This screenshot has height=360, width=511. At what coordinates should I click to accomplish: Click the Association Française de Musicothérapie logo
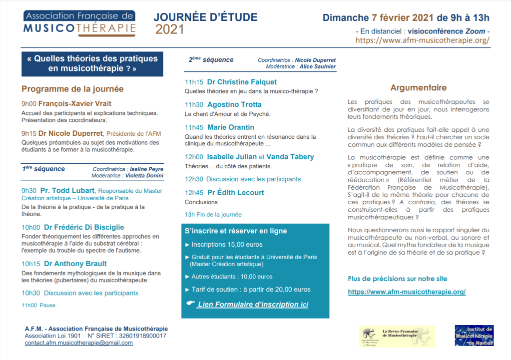coord(79,23)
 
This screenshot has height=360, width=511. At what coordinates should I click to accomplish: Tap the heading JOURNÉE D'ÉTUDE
coord(205,17)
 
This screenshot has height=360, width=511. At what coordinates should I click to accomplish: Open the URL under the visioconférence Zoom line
coord(423,40)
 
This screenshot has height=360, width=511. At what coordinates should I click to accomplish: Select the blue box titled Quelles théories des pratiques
coord(92,63)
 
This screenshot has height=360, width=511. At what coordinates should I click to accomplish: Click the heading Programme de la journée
coord(72,89)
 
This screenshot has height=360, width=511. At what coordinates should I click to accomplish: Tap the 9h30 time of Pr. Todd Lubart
coord(29,190)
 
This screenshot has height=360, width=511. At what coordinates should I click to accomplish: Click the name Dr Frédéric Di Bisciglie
coord(84,227)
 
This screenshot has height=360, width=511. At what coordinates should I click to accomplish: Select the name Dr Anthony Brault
coord(75,264)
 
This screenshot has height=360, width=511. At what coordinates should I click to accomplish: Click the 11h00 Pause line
coord(38,305)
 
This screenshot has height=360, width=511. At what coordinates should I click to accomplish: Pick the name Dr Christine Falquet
coord(242,82)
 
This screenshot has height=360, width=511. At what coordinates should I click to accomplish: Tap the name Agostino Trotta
coord(234,105)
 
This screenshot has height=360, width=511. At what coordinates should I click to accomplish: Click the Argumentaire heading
coord(419,88)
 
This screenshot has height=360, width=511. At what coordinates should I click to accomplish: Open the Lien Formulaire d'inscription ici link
coord(253,305)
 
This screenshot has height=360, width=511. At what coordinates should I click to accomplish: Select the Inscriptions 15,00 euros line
coord(227,245)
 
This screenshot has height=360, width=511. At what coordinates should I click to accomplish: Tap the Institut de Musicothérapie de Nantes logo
coord(474,336)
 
